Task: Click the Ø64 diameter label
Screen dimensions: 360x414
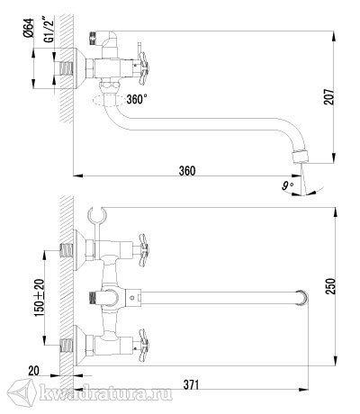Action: [x=29, y=28]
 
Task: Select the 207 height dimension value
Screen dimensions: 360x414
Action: [x=329, y=96]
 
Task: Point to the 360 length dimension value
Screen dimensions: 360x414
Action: [x=187, y=171]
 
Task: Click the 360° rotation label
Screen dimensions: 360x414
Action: [x=137, y=99]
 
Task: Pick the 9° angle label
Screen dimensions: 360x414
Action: [x=287, y=186]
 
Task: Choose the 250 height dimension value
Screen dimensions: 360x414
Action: [x=330, y=286]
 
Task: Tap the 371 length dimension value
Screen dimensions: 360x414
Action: [x=190, y=384]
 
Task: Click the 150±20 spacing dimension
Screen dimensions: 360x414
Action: [x=40, y=298]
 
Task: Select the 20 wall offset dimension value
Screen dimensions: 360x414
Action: [x=33, y=371]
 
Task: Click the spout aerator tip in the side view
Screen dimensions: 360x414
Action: [x=300, y=157]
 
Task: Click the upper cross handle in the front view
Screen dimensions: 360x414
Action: [x=144, y=250]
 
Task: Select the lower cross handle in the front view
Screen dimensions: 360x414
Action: [x=144, y=346]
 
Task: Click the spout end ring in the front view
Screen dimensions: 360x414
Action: [x=301, y=298]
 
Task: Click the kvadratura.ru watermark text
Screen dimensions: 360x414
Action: [x=105, y=393]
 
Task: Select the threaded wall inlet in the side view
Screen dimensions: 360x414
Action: [x=67, y=69]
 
